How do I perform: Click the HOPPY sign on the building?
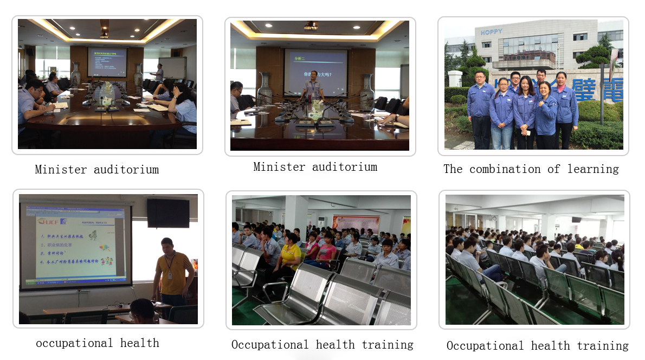[492, 32]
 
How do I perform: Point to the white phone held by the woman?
[524, 132]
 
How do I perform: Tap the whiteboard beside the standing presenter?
[172, 68]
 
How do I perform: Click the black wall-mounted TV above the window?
[168, 213]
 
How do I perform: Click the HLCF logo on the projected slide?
[48, 222]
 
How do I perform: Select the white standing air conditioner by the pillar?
[321, 225]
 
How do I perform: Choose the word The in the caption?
[453, 169]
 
